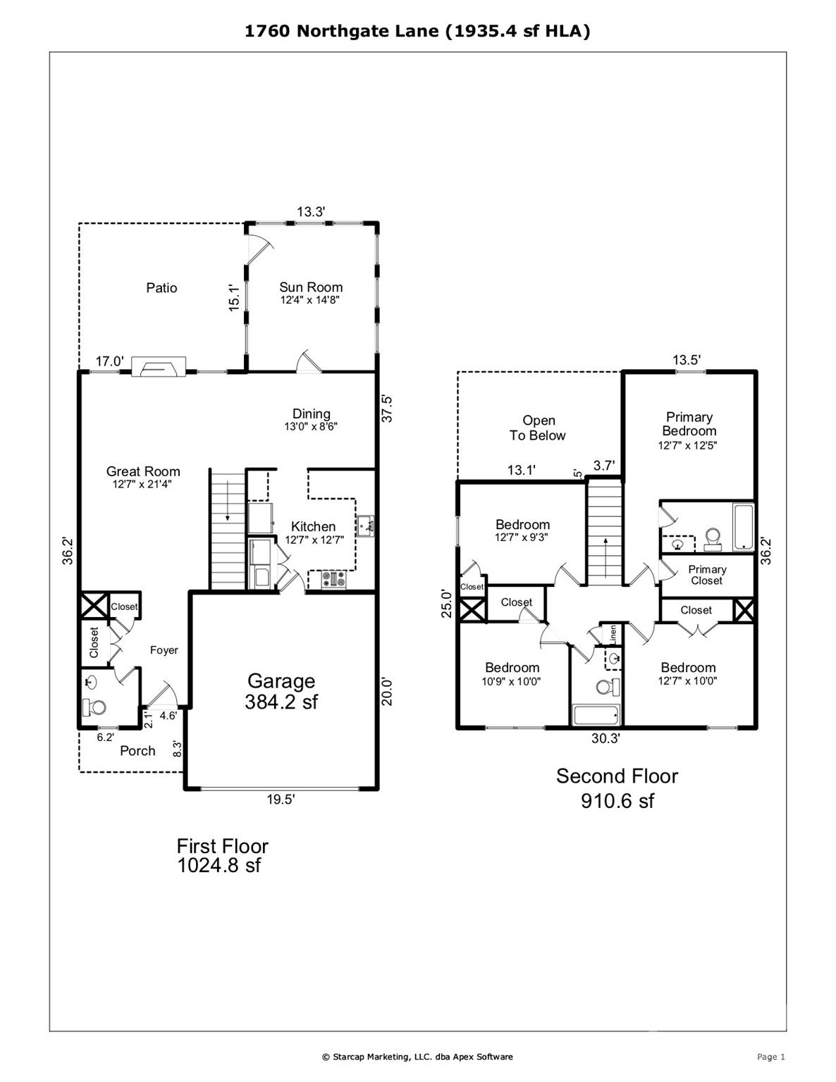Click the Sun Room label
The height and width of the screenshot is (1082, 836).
(311, 287)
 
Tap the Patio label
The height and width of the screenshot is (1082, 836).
(161, 288)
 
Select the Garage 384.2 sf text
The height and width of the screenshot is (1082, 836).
(281, 691)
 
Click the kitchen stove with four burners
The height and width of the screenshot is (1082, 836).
(333, 580)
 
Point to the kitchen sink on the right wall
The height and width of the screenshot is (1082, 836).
(365, 525)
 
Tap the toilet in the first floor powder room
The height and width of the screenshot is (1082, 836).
(93, 707)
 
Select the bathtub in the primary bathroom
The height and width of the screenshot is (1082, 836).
(743, 526)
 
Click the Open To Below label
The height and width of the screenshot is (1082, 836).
(538, 428)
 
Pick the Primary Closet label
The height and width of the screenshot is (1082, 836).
(707, 575)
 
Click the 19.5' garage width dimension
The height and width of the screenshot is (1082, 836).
(281, 800)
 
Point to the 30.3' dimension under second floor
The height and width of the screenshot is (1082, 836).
(606, 738)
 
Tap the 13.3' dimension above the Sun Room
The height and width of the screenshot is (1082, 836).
(311, 211)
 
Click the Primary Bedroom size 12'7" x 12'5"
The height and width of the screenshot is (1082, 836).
(688, 445)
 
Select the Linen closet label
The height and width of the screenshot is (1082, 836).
(613, 634)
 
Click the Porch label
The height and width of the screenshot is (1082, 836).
(137, 751)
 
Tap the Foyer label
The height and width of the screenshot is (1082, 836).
(164, 650)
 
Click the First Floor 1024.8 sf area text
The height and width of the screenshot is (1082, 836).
(222, 855)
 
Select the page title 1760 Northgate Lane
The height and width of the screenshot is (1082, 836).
(417, 31)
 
